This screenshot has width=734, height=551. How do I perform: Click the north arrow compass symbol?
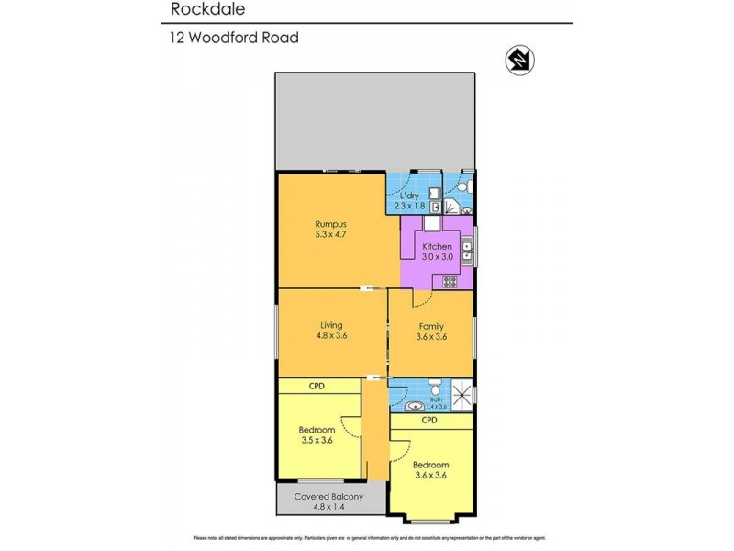518,61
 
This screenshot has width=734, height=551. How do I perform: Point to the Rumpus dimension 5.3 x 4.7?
330,235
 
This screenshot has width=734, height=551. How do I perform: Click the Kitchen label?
437,248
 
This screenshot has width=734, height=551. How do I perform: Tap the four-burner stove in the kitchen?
450,281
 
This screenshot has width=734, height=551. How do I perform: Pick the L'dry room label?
409,196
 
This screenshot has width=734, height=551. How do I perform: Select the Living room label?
331,325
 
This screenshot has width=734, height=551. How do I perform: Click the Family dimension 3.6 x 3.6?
432,336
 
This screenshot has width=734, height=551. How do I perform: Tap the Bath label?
437,400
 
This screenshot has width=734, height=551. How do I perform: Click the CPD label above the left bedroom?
317,387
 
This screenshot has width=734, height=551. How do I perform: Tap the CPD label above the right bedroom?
428,421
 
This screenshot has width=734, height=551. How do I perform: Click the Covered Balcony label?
328,497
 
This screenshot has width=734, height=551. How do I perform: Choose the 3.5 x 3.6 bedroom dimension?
316,440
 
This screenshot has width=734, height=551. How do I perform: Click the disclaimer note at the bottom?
367,538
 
